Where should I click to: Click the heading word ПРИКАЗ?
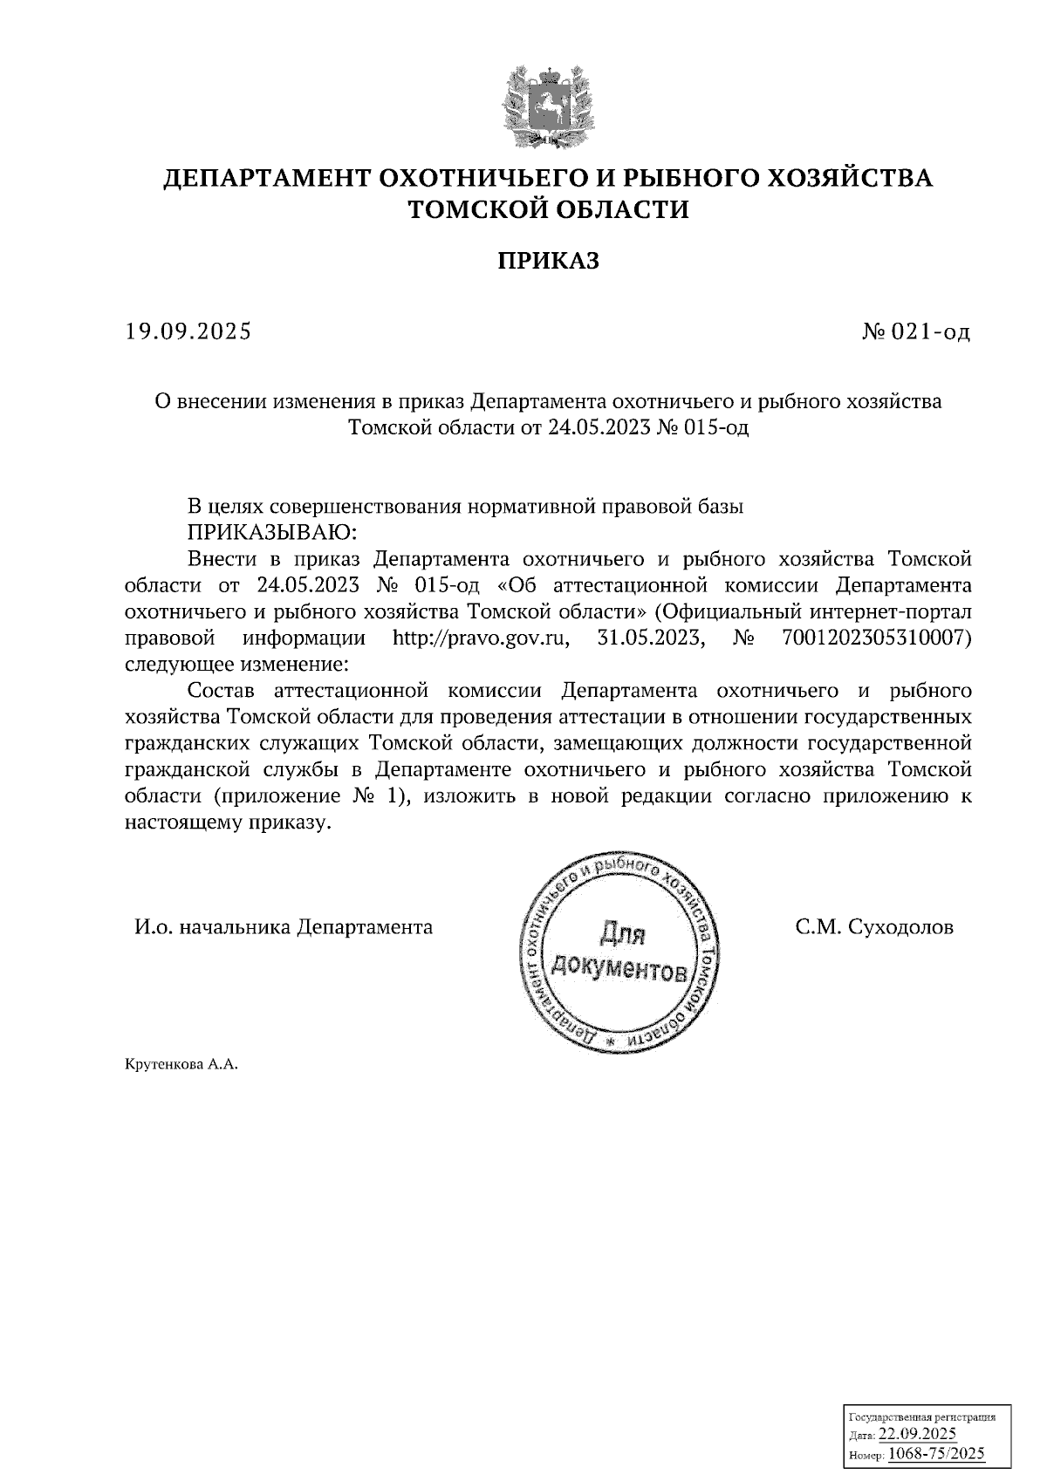(x=549, y=261)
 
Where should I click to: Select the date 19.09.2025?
(x=188, y=331)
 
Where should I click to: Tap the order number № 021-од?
(x=915, y=331)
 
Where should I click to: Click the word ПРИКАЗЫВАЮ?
(x=268, y=532)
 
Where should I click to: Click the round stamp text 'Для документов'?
(x=620, y=952)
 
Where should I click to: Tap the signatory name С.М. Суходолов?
(x=874, y=927)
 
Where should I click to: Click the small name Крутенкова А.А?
(x=181, y=1065)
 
